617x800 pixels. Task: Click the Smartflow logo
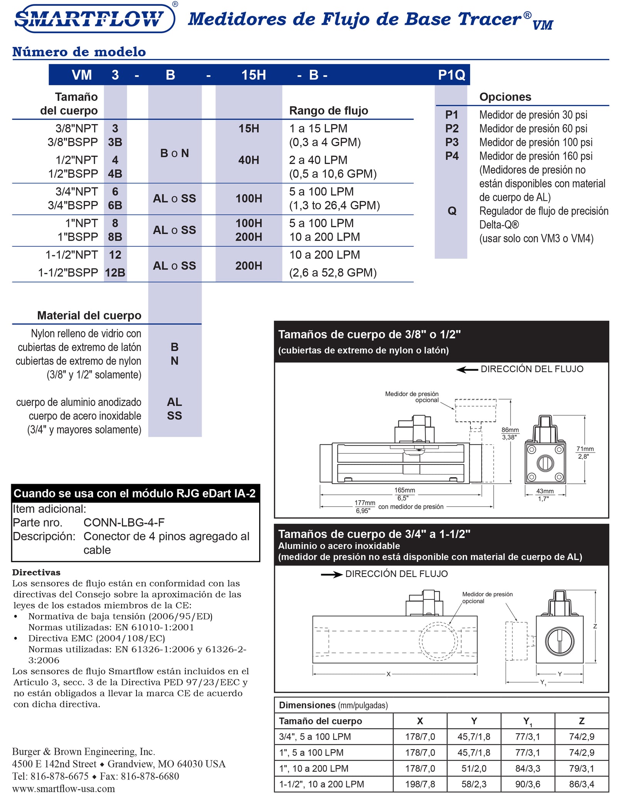94,18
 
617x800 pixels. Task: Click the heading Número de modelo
79,52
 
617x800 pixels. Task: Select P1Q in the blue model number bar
451,75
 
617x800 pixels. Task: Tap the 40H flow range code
249,160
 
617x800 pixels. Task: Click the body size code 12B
115,273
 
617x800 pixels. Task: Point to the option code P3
452,142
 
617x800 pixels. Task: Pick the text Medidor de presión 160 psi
536,156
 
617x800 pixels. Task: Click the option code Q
452,211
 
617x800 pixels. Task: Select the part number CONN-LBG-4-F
124,522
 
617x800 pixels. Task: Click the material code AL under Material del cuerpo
174,402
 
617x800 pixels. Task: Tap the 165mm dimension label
404,490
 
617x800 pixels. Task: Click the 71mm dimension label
585,449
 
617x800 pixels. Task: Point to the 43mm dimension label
545,491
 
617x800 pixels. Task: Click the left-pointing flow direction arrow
467,370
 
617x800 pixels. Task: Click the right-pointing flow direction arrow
332,575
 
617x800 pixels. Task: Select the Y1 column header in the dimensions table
527,721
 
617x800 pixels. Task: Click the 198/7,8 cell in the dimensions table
420,784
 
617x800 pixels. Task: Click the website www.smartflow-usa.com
64,789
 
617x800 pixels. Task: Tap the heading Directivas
36,572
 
